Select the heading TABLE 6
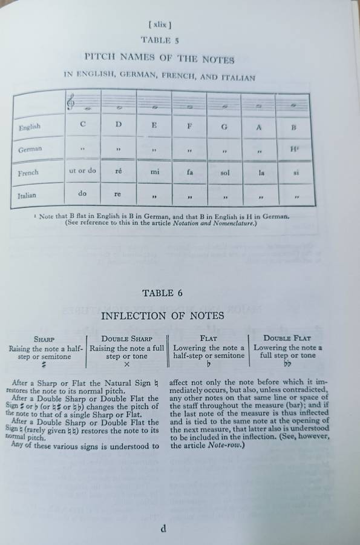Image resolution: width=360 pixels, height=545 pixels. pyautogui.click(x=162, y=293)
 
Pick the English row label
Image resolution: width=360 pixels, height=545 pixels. pyautogui.click(x=30, y=127)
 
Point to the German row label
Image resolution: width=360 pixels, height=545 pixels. pyautogui.click(x=30, y=149)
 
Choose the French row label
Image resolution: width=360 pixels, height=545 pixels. pyautogui.click(x=28, y=173)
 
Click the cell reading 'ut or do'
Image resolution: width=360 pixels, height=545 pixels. pyautogui.click(x=83, y=171)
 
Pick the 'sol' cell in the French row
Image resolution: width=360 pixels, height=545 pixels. pyautogui.click(x=225, y=173)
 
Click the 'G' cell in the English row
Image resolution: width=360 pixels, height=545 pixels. pyautogui.click(x=225, y=127)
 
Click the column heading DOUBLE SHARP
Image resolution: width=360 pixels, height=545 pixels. pyautogui.click(x=127, y=339)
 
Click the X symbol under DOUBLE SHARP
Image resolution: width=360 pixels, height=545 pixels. pyautogui.click(x=126, y=365)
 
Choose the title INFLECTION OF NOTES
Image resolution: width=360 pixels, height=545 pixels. pyautogui.click(x=162, y=315)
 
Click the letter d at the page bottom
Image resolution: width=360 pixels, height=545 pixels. pyautogui.click(x=163, y=528)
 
